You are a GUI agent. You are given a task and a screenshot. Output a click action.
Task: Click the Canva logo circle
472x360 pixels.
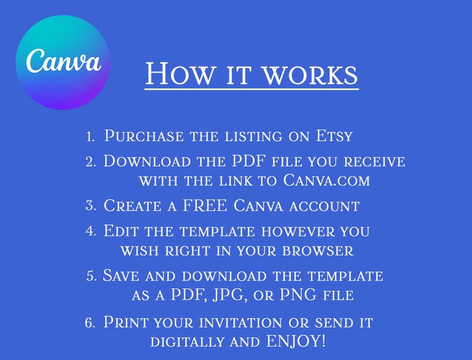tap(63, 62)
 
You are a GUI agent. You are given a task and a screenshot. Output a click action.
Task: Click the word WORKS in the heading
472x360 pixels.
tap(310, 74)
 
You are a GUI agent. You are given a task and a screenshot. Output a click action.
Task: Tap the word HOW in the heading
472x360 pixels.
tap(181, 74)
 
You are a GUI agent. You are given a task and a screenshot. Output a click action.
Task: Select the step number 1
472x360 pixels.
tap(90, 136)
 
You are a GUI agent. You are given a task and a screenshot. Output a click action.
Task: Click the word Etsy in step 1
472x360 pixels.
tap(334, 136)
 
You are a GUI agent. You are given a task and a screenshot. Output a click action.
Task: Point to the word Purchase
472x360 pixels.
tap(144, 136)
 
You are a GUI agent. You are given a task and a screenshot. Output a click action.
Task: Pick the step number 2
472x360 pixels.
tap(91, 162)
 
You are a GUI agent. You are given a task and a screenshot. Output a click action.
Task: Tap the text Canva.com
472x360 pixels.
tap(326, 180)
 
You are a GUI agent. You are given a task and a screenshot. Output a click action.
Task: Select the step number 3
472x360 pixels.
tap(91, 206)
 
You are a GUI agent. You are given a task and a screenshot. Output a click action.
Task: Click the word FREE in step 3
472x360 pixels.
tap(205, 205)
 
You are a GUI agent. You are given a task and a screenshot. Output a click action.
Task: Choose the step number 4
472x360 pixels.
tap(91, 231)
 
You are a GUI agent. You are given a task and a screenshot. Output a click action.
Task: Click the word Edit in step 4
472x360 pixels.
tap(121, 231)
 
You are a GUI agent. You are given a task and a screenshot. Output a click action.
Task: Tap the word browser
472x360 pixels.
tap(317, 251)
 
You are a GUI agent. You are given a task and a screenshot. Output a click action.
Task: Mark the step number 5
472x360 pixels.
tap(92, 276)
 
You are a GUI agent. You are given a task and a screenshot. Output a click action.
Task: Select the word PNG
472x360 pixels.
tap(298, 295)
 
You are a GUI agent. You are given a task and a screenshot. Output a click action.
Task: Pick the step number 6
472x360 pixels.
tap(90, 323)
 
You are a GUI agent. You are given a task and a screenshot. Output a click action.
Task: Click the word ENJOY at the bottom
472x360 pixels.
tap(295, 341)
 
